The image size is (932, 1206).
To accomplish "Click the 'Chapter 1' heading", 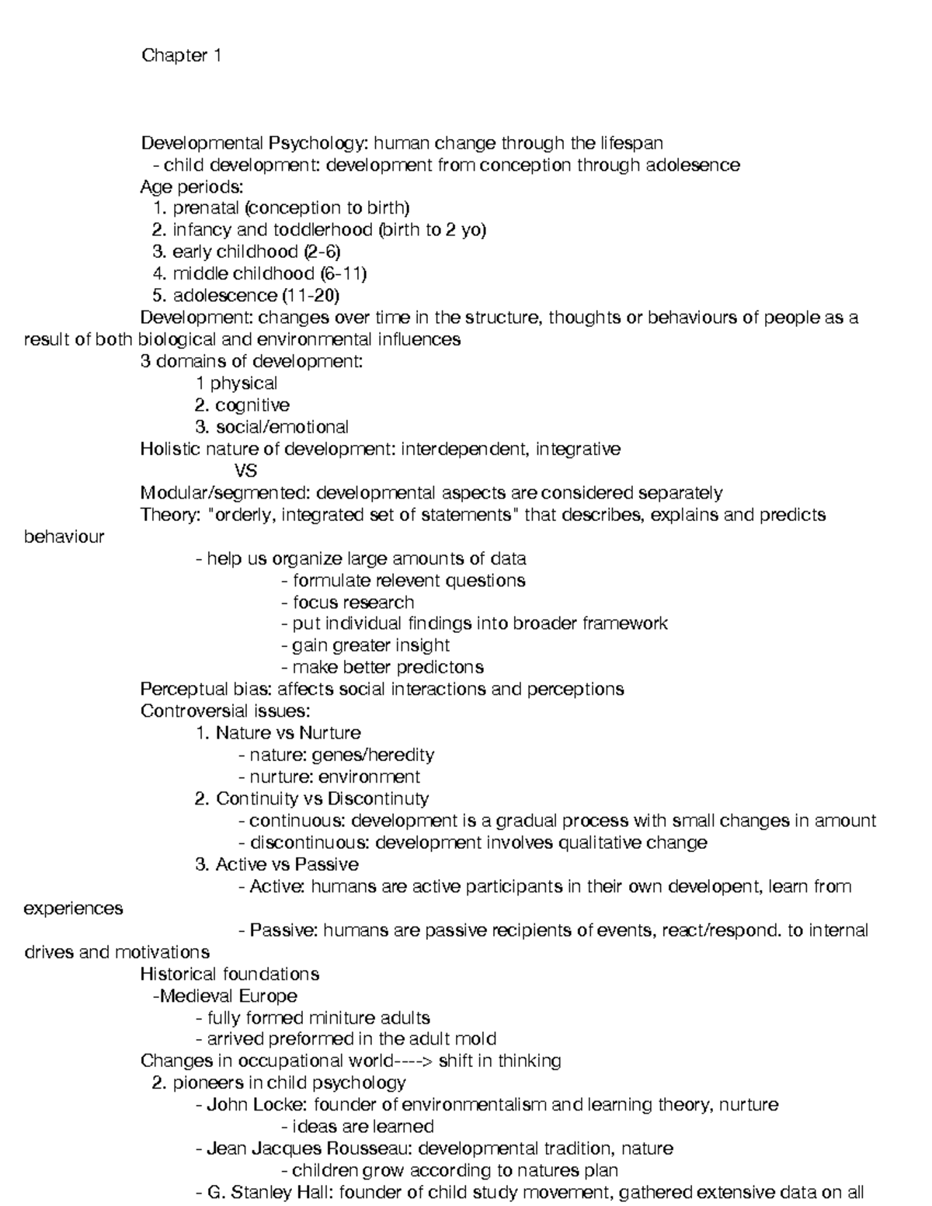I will coord(181,56).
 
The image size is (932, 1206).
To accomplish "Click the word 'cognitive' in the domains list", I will coord(252,405).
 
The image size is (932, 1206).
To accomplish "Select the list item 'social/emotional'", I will coord(282,427).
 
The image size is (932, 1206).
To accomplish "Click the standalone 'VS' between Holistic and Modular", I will coord(245,471).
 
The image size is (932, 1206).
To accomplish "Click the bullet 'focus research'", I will coord(353,602).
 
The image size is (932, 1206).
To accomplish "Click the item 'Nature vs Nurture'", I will coord(288,733).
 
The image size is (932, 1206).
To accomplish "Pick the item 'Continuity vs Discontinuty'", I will coord(322,799).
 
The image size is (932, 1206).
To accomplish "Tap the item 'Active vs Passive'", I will coord(287,864).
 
